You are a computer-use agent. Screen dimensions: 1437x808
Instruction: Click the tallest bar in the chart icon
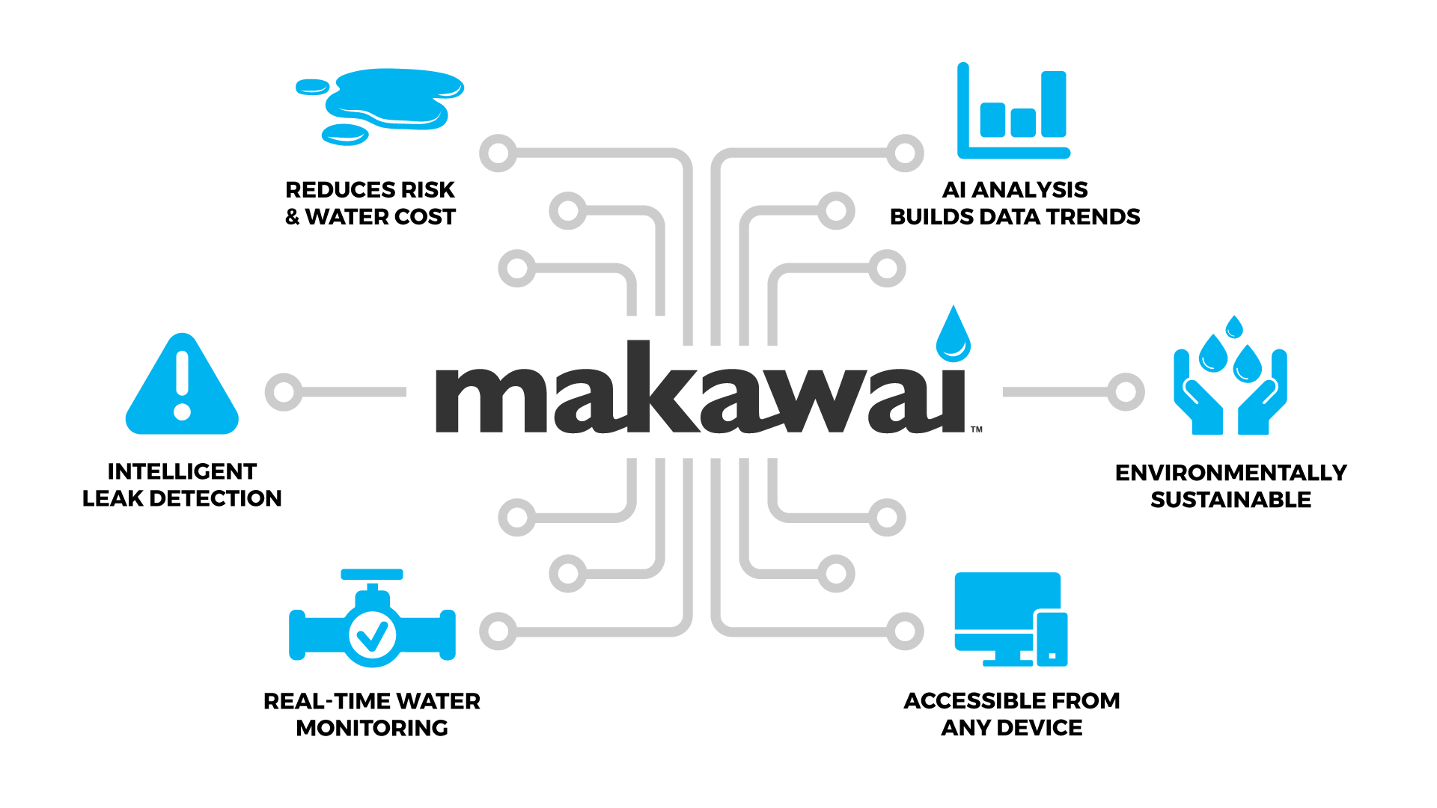[1053, 104]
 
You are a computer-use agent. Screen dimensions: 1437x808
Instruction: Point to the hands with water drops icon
[1230, 378]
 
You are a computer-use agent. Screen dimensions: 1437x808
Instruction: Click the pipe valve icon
[372, 621]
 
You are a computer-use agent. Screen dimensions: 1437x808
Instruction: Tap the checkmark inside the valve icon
[372, 636]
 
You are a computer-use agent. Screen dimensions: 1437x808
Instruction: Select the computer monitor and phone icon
[1010, 619]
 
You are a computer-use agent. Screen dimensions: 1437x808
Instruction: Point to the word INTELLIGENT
[182, 471]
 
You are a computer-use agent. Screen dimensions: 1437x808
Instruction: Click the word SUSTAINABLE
[1230, 500]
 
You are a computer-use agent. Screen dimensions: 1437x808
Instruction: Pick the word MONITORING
[372, 728]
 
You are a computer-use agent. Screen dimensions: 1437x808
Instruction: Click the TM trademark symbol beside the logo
[977, 429]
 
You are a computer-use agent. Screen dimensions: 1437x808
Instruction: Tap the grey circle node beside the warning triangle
[284, 391]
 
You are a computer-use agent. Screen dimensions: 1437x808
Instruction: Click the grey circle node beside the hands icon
[1126, 391]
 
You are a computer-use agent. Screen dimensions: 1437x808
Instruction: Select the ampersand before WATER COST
[293, 217]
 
